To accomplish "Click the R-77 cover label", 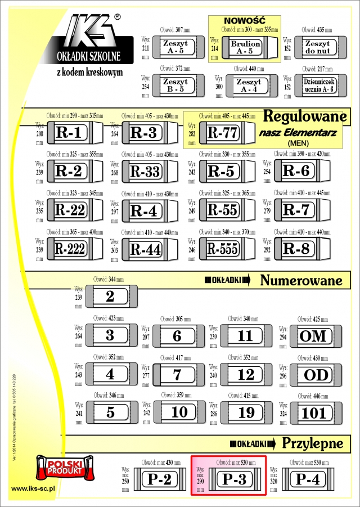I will tap(223, 133).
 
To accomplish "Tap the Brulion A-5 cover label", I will tap(246, 47).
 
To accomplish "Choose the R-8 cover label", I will tap(296, 248).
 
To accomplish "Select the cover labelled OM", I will tap(313, 336).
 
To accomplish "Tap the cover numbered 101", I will tap(314, 413).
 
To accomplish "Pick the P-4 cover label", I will tap(308, 479).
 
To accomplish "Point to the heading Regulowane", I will tap(304, 116).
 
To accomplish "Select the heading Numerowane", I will tap(302, 280).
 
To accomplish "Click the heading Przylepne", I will tap(312, 443).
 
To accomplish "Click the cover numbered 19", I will tap(246, 412).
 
